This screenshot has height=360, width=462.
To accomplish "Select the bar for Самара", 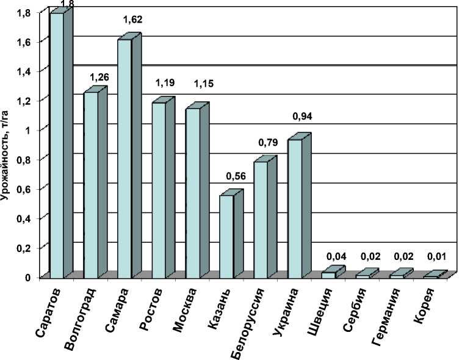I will point(125,159).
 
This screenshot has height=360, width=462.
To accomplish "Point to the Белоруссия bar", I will point(261,220).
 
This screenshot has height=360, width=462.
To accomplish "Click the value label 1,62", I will point(132,20).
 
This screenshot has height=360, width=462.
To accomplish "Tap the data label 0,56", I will point(235,176).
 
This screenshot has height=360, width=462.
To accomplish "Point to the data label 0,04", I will point(337,256).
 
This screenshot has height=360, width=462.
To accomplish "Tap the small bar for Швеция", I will point(328,275).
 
